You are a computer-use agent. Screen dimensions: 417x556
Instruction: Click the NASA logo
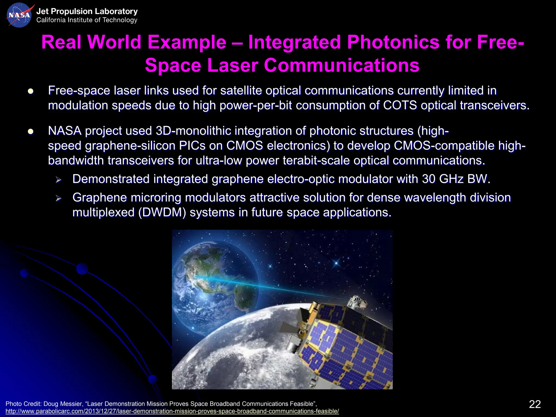[19, 15]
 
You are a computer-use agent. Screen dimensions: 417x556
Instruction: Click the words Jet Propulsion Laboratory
[87, 11]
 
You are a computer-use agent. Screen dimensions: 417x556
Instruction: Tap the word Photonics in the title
[393, 42]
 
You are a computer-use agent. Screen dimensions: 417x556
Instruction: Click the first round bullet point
[30, 91]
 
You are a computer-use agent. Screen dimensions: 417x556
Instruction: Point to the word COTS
[400, 105]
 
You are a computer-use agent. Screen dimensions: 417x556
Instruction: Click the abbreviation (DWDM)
[162, 212]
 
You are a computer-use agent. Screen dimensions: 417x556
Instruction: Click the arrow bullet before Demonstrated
[58, 180]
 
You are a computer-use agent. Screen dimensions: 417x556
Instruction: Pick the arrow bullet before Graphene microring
[58, 198]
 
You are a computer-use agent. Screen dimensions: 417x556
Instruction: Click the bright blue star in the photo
[336, 263]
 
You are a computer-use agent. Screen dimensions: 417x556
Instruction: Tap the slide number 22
[535, 404]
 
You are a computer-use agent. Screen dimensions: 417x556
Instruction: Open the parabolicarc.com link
[172, 411]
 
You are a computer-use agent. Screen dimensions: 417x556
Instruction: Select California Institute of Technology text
[87, 20]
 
